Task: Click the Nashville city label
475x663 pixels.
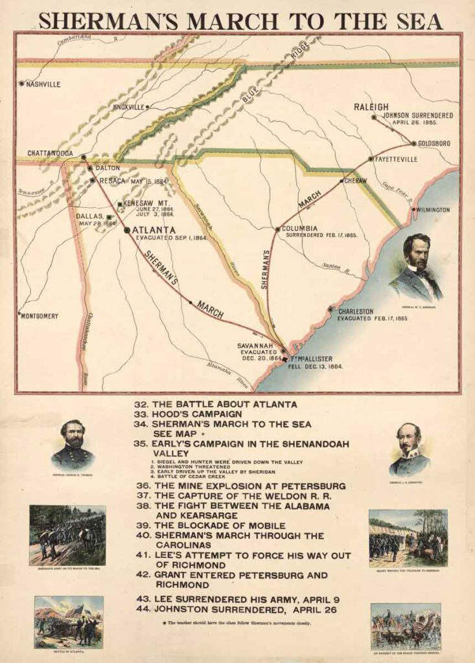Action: [43, 84]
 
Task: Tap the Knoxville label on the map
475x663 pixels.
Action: [128, 107]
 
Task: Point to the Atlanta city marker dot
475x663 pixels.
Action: [127, 230]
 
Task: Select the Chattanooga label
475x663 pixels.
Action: [50, 153]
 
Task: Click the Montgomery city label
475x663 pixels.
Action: [40, 316]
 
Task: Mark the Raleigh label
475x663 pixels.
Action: [371, 107]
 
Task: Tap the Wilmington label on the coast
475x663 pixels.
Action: [432, 210]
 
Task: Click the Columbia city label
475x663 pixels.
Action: [299, 229]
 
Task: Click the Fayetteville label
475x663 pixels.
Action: [397, 159]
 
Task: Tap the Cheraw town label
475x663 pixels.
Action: [356, 181]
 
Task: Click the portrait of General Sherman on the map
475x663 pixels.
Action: [416, 266]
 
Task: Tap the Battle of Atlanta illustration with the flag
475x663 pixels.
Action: [68, 622]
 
